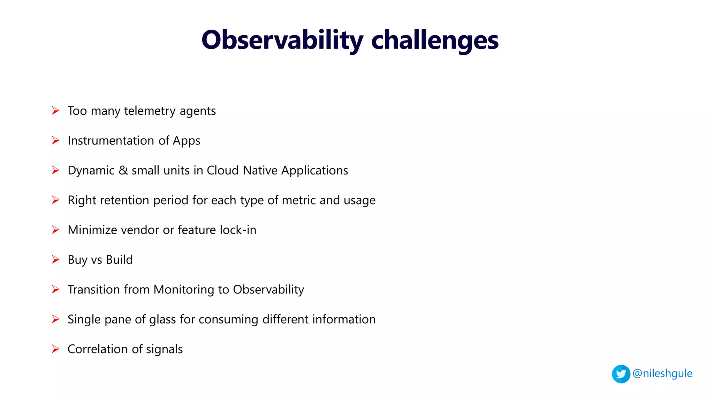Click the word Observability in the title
click(x=282, y=40)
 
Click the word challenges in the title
click(x=435, y=40)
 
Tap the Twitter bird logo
click(x=621, y=374)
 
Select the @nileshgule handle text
click(x=662, y=373)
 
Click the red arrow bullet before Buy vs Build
click(x=55, y=260)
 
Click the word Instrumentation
click(x=111, y=140)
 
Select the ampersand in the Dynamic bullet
click(x=123, y=170)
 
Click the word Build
click(x=119, y=260)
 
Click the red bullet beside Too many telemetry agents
click(x=55, y=111)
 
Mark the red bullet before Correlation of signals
click(x=55, y=349)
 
